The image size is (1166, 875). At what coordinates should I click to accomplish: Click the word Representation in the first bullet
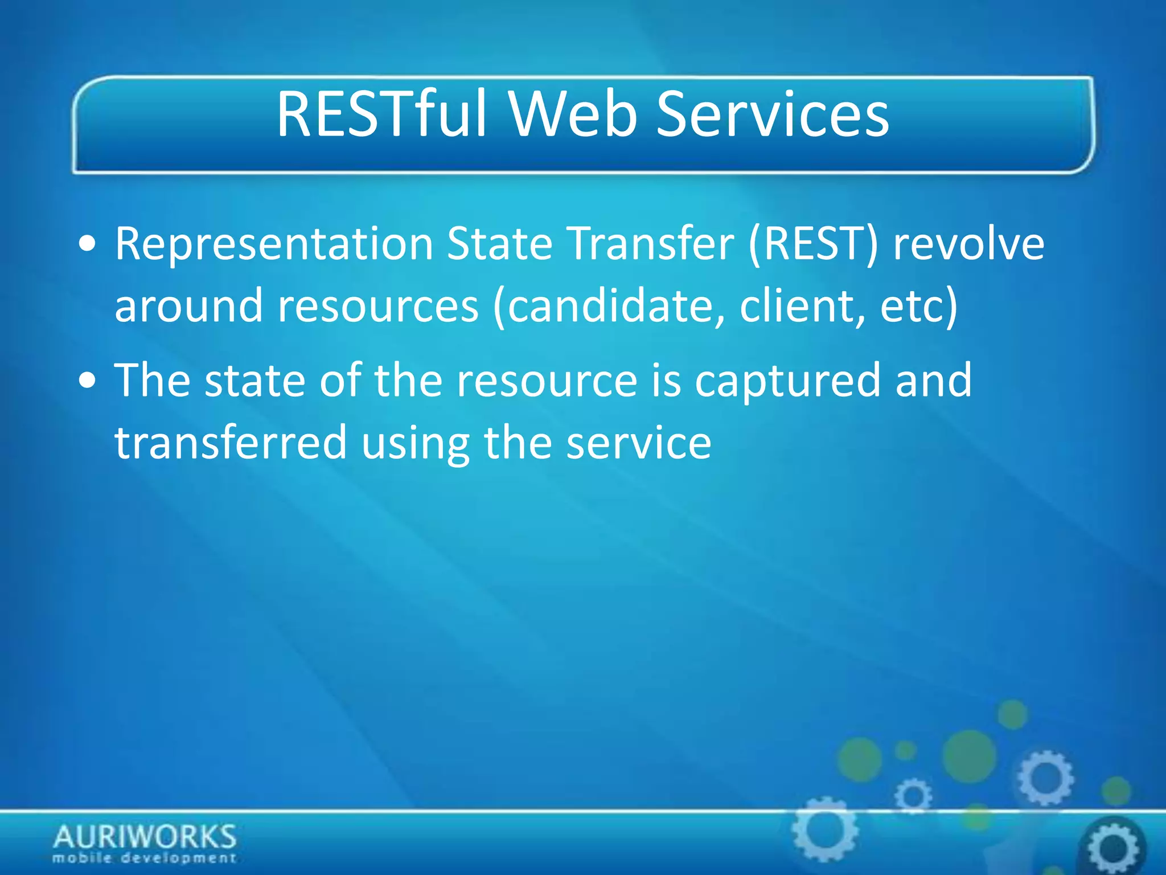[x=274, y=244]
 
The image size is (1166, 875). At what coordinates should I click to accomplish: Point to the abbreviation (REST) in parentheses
[x=814, y=244]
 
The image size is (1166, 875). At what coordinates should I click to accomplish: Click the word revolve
[x=968, y=244]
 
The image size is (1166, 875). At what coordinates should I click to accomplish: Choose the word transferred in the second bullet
[x=231, y=442]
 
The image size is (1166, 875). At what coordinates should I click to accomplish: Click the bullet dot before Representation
[x=88, y=245]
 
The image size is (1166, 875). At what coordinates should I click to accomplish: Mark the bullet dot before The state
[x=88, y=381]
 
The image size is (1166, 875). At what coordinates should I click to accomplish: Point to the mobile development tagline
[x=145, y=858]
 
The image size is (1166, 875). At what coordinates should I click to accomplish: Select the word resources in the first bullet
[x=378, y=306]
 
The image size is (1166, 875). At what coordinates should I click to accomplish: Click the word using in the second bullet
[x=415, y=443]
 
